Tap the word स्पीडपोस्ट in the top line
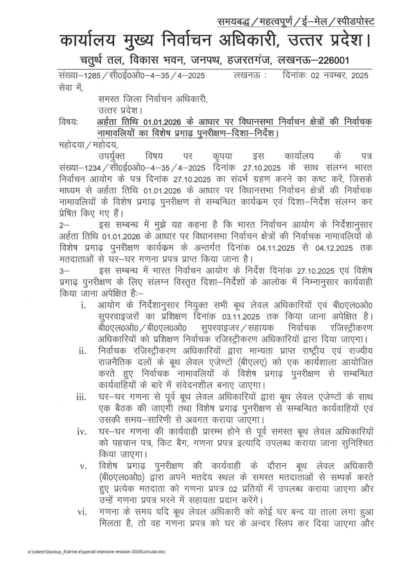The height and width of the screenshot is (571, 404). [356, 22]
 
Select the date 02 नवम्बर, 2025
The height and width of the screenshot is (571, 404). [340, 75]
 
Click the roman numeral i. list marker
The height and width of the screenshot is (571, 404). [83, 306]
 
